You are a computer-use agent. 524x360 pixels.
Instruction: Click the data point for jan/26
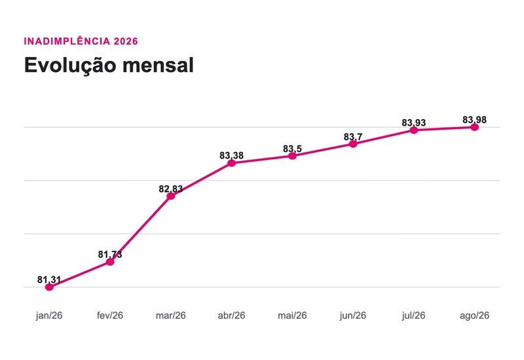click(49, 287)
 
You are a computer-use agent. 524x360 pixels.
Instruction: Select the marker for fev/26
click(110, 262)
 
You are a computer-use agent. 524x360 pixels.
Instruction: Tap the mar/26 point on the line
click(171, 196)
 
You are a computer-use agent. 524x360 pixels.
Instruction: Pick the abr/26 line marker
click(232, 163)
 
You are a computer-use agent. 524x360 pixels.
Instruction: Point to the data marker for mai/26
click(292, 156)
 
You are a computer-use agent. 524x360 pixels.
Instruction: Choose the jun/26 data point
click(353, 144)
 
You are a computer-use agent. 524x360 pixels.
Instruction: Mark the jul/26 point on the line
click(414, 130)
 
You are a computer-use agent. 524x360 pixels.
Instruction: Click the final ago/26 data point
click(474, 127)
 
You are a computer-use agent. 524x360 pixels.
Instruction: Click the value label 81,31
click(49, 280)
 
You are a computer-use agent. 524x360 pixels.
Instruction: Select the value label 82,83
click(171, 189)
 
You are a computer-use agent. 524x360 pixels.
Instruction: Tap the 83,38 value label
click(232, 156)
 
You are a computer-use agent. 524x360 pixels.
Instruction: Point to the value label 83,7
click(353, 137)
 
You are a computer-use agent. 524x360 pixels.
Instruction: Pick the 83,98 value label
click(474, 120)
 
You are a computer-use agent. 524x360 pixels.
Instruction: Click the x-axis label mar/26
click(171, 315)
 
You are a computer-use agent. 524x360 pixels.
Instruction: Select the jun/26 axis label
click(353, 315)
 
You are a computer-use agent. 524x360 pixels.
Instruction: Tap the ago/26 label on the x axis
click(474, 315)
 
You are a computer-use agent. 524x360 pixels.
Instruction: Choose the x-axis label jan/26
click(49, 315)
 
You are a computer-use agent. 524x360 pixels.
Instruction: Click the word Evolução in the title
click(71, 65)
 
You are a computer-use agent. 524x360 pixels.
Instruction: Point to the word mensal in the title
click(158, 65)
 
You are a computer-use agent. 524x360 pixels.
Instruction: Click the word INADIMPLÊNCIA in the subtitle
click(67, 41)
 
